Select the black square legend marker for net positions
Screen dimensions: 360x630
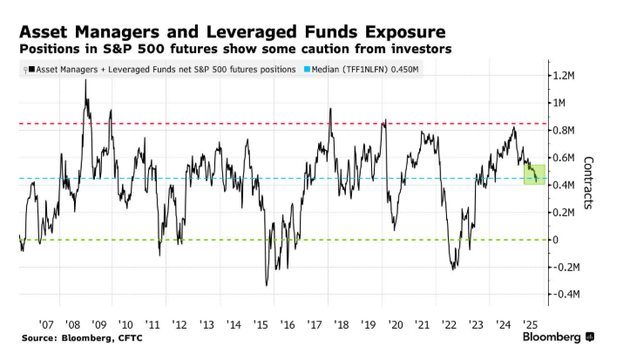coord(31,69)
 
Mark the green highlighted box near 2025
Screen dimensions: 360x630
coord(534,174)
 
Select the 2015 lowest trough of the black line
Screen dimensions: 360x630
coord(266,284)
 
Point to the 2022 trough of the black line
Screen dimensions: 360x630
coord(453,267)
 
